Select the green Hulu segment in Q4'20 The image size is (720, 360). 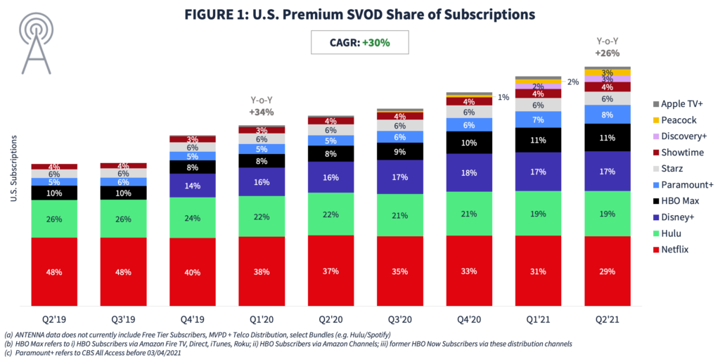[470, 214]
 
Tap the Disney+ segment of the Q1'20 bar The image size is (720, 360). [262, 181]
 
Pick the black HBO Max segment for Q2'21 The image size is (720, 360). [607, 138]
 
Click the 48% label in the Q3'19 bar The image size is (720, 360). [123, 271]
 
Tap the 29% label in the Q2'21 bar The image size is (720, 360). [607, 271]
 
